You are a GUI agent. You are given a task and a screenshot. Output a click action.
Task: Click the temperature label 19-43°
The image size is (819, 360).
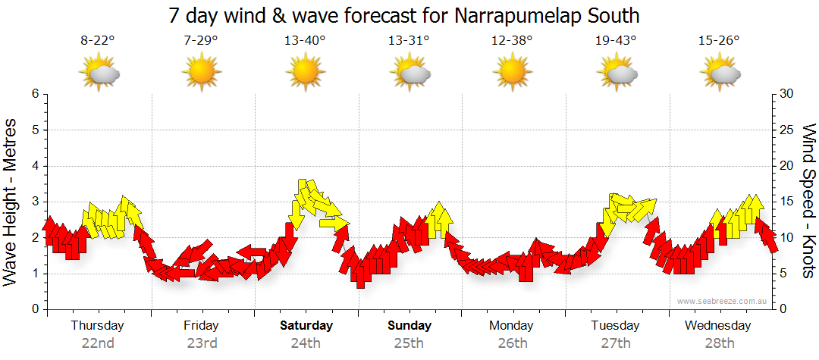616,41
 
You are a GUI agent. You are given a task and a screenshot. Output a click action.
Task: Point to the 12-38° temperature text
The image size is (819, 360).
512,41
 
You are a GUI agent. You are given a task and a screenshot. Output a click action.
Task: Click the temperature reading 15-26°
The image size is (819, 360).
719,41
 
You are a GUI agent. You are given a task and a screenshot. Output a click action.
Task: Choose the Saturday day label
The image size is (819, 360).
306,326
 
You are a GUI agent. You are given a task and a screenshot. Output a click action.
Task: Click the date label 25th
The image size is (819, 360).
409,343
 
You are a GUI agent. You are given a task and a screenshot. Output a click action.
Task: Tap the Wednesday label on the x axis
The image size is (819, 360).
717,326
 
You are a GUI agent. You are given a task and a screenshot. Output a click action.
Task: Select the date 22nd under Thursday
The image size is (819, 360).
98,343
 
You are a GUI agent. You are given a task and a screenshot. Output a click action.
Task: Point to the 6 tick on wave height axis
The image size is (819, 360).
35,94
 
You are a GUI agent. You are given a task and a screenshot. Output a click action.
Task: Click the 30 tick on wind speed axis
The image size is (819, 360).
787,94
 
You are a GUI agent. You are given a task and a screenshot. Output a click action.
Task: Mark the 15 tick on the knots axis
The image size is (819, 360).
787,202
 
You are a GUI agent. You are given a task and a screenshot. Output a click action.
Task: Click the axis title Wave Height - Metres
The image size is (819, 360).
12,202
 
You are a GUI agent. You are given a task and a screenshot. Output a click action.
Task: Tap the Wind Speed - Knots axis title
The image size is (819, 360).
808,202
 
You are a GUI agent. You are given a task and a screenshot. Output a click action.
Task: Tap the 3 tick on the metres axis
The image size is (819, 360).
35,202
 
